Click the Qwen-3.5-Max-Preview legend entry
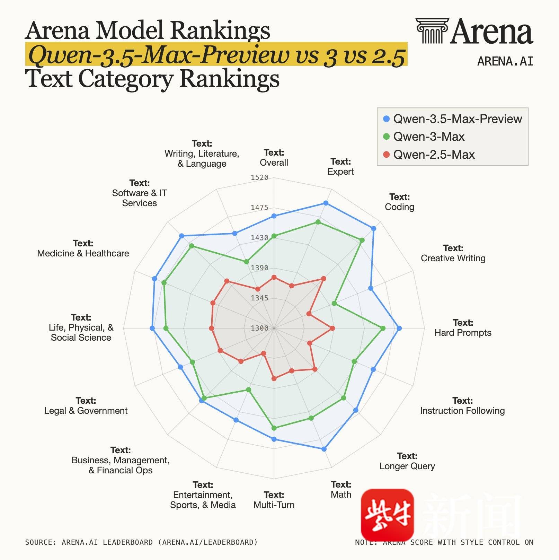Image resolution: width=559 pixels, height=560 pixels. (x=457, y=119)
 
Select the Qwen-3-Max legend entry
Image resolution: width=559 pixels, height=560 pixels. (x=428, y=137)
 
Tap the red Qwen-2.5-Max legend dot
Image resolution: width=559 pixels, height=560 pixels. (x=387, y=155)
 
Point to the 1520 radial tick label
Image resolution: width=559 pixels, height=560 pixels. (x=259, y=177)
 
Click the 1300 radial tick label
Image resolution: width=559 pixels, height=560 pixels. (x=259, y=328)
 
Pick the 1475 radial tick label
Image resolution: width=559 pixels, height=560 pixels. (x=259, y=208)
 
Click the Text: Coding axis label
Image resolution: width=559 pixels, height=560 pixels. (x=399, y=202)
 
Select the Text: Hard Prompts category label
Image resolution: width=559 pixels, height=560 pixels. (x=463, y=327)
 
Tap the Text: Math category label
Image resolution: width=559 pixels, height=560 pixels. (x=341, y=489)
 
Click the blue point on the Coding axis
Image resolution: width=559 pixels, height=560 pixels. (x=374, y=228)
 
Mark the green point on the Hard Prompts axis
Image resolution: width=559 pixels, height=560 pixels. (x=383, y=328)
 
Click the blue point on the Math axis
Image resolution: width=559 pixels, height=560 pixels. (x=324, y=449)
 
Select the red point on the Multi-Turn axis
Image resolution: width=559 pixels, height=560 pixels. (x=274, y=378)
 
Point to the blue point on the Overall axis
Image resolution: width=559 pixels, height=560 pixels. (x=274, y=216)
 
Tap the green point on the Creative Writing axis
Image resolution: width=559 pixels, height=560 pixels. (x=334, y=304)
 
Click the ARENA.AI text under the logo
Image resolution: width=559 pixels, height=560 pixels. (x=505, y=61)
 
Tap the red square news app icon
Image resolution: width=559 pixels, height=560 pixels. (x=387, y=514)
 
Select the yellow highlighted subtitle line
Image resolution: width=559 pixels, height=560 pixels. (x=216, y=54)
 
